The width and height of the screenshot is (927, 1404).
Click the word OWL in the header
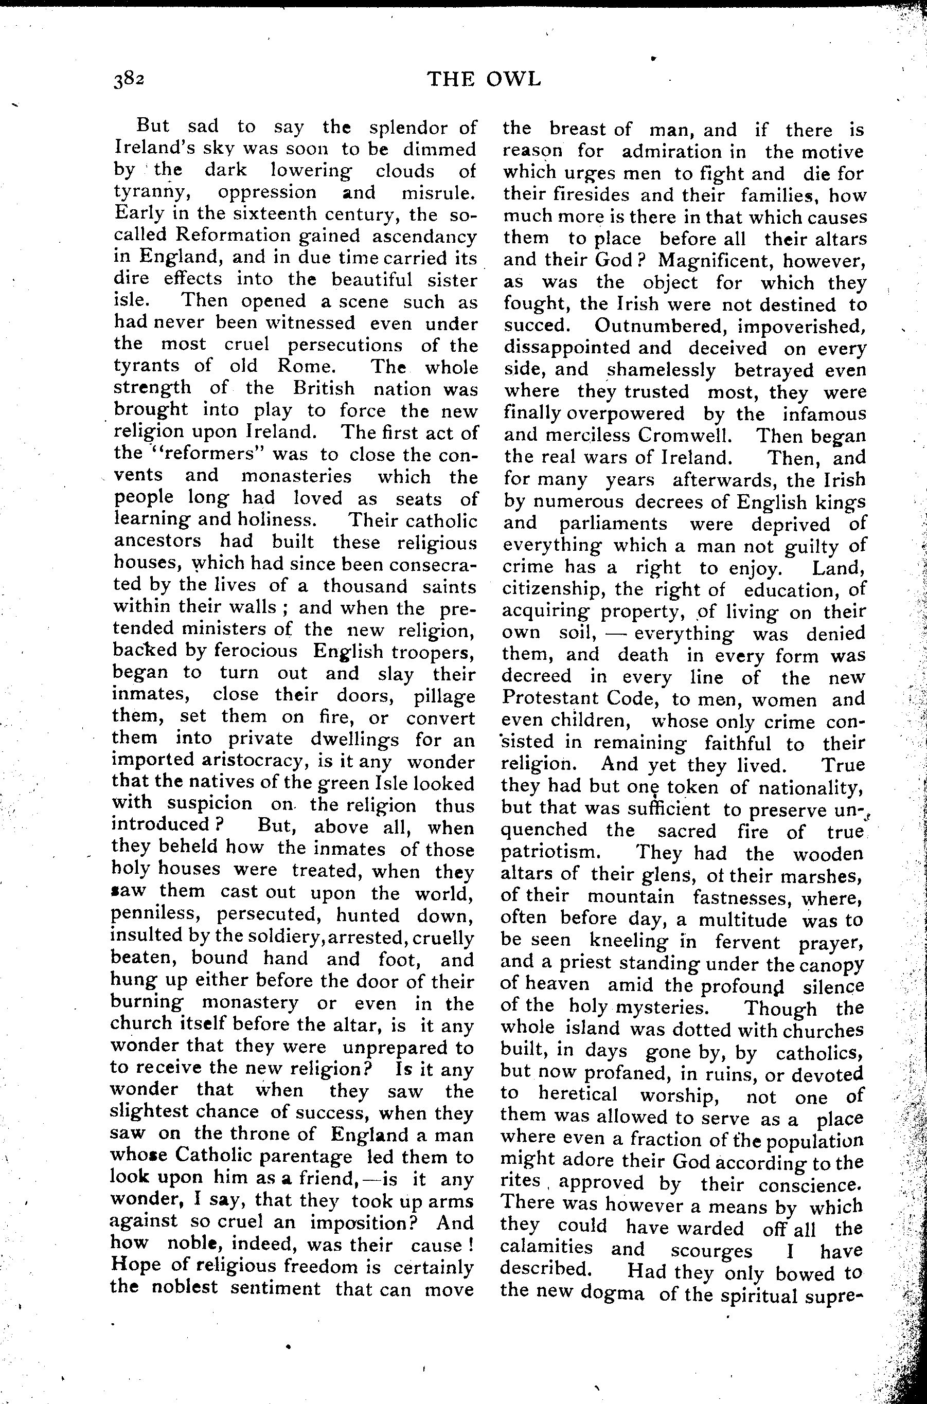point(513,79)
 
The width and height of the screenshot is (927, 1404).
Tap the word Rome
point(306,366)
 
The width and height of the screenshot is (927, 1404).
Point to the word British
point(324,388)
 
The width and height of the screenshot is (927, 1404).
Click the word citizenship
point(553,589)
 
